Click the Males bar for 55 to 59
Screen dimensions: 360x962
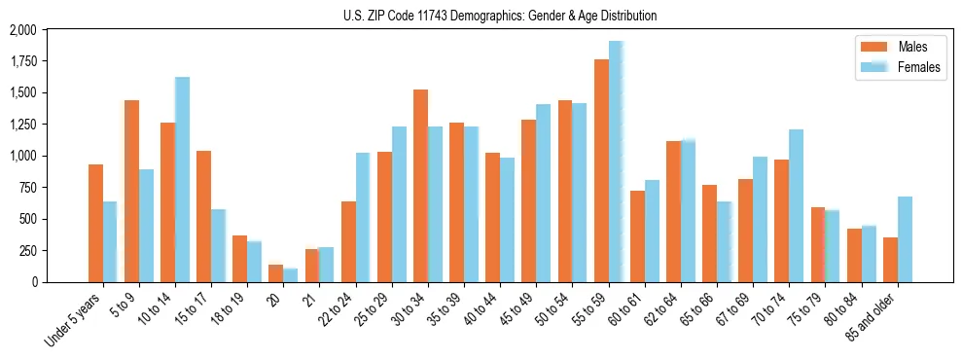point(601,170)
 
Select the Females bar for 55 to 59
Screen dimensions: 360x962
point(616,162)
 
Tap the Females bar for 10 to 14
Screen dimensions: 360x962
point(182,179)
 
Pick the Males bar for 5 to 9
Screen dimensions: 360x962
point(131,191)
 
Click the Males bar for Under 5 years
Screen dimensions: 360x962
point(95,223)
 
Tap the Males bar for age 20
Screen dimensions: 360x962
point(276,273)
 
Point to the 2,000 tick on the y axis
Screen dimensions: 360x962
point(49,30)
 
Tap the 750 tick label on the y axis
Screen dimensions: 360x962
point(55,188)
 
